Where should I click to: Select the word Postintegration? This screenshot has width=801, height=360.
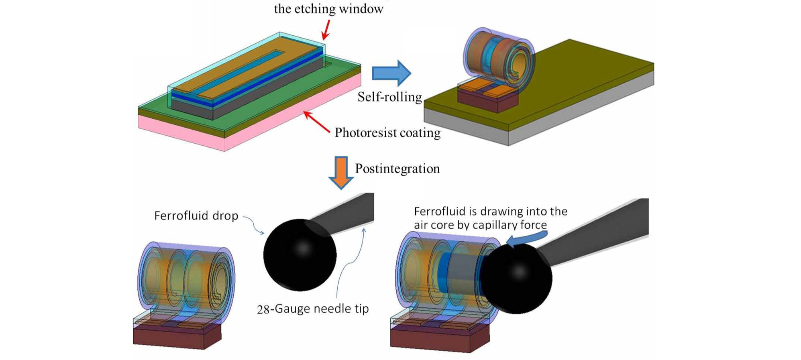click(397, 169)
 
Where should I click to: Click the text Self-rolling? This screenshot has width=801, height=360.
click(389, 97)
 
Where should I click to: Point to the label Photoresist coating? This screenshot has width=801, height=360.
click(387, 132)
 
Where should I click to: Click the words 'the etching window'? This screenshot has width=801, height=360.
click(328, 9)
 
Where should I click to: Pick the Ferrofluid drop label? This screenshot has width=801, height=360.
click(196, 216)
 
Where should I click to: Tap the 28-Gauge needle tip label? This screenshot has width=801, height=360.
click(313, 309)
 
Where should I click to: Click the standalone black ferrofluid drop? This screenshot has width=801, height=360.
click(300, 255)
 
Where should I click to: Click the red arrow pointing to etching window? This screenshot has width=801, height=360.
click(326, 29)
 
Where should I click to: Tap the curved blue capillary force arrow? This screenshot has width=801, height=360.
click(526, 239)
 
